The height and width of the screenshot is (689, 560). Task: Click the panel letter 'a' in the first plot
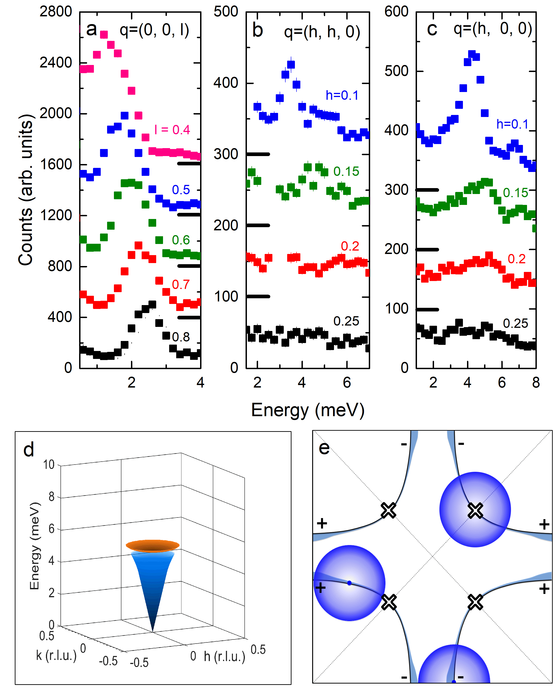click(92, 29)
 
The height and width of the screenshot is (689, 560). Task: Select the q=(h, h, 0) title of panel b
click(322, 32)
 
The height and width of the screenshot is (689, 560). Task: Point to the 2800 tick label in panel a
click(55, 12)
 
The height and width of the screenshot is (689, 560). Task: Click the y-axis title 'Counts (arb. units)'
click(26, 190)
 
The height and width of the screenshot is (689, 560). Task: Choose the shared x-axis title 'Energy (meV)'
click(308, 410)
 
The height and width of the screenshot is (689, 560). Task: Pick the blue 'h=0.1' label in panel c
click(512, 124)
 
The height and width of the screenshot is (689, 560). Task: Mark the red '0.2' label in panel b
click(350, 246)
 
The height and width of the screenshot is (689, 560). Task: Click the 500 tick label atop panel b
click(226, 12)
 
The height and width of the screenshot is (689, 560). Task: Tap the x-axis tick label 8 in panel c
click(536, 383)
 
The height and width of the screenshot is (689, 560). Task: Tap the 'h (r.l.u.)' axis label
click(224, 656)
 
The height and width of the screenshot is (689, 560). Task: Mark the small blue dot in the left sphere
click(349, 583)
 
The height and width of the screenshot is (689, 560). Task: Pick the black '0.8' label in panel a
click(181, 337)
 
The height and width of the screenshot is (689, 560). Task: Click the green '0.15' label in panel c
click(515, 193)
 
